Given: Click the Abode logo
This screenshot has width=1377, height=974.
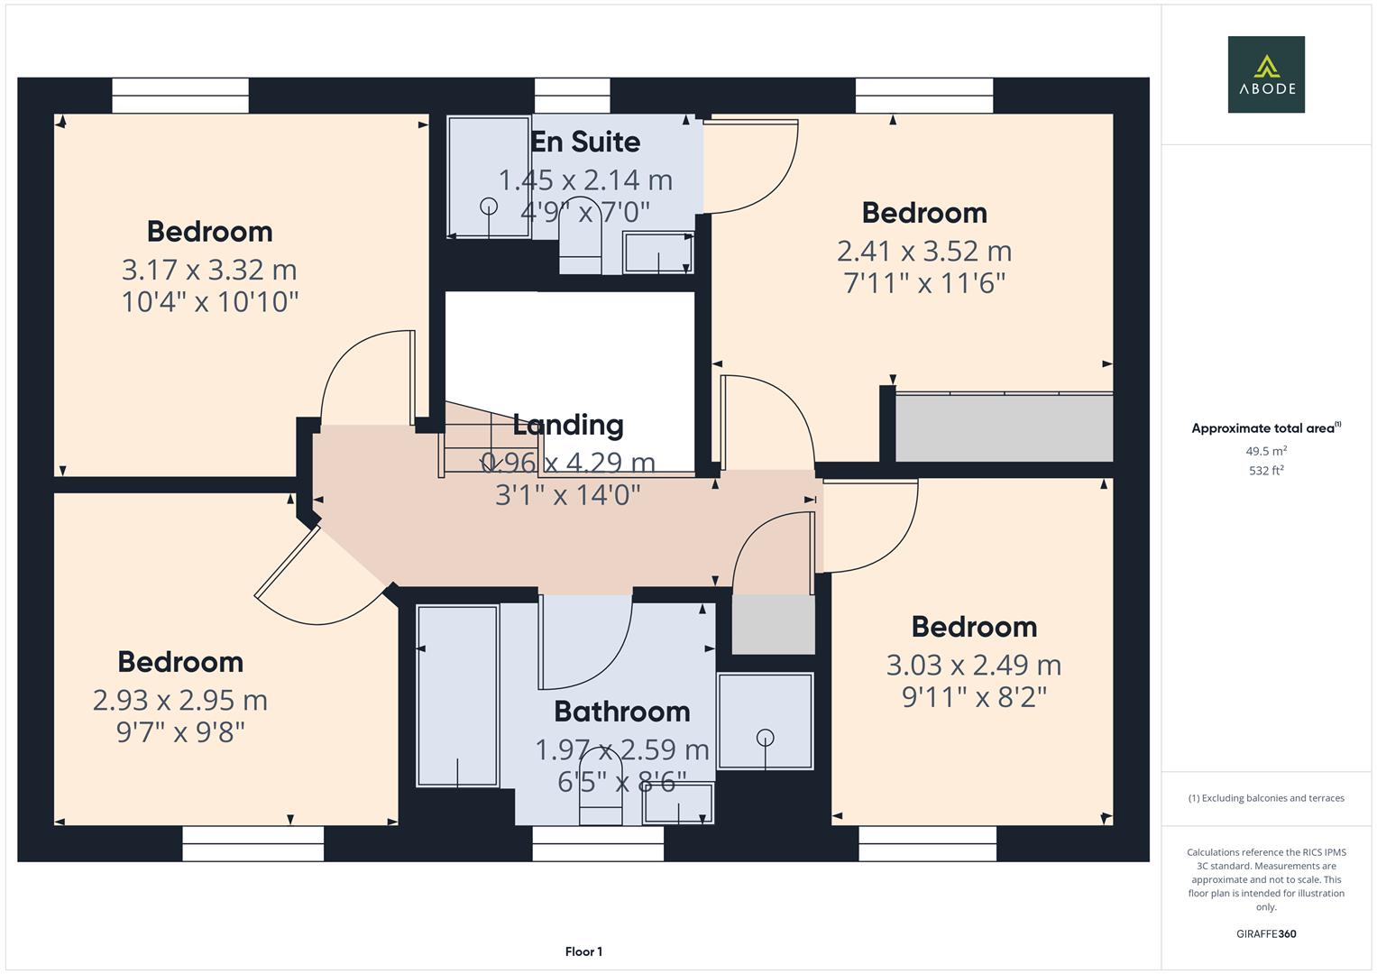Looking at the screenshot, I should (x=1265, y=74).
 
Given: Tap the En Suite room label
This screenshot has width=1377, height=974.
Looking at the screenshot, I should (x=585, y=142).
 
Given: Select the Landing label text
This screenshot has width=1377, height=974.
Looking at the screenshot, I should (x=567, y=425).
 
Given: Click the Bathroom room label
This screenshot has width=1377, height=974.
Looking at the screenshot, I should (x=621, y=712).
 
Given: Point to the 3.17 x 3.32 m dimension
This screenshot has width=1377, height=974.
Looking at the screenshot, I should (x=209, y=270).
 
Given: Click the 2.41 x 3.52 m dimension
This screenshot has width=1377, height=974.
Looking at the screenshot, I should (x=923, y=251).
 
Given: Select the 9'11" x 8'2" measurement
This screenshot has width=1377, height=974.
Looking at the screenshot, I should (x=974, y=697).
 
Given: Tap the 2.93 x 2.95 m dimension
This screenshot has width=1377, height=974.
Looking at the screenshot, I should (x=180, y=700).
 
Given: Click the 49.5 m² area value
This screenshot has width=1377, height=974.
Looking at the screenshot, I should (x=1265, y=451).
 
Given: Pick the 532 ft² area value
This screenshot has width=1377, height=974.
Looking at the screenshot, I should (x=1265, y=470).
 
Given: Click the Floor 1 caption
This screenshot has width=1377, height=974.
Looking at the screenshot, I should (x=583, y=951).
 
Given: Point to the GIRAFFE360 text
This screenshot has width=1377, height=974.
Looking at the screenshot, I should (x=1265, y=933).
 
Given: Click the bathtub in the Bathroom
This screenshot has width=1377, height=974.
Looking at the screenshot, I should (x=457, y=695).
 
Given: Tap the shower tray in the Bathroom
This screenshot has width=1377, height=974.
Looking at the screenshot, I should (x=765, y=721).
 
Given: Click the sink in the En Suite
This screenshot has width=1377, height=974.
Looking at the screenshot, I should (x=658, y=253).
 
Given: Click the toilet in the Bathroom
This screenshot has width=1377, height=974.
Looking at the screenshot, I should (x=601, y=801).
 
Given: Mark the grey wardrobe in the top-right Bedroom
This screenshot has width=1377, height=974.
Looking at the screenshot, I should (x=1003, y=428).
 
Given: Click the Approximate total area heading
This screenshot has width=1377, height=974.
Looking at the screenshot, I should (x=1265, y=428).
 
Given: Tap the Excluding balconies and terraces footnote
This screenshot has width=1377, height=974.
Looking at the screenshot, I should (x=1265, y=798).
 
